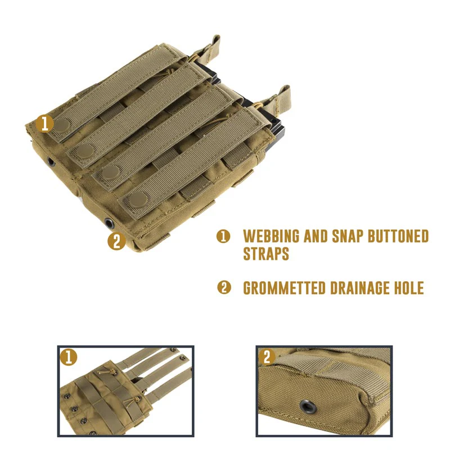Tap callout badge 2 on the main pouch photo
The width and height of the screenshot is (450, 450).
click(116, 241)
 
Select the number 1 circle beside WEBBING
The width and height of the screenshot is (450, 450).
click(223, 236)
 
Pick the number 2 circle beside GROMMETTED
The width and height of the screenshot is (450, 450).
click(223, 288)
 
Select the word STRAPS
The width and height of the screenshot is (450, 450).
click(266, 254)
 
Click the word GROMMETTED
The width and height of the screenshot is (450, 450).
click(285, 289)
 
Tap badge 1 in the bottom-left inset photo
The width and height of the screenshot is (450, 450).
click(69, 357)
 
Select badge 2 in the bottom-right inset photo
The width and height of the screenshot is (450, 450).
click(267, 357)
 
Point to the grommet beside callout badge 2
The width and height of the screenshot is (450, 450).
click(108, 223)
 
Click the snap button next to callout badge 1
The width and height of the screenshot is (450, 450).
click(62, 125)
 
